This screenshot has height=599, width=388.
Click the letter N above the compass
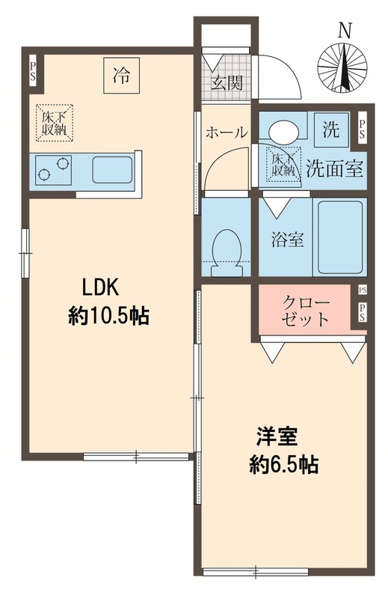click(344, 30)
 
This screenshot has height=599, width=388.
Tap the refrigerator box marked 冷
click(120, 75)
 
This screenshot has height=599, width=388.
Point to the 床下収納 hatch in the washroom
click(281, 163)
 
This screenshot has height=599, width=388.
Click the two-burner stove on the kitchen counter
click(52, 170)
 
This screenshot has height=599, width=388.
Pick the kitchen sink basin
click(112, 170)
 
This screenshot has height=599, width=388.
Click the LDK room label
click(101, 288)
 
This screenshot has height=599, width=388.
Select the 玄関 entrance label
click(225, 83)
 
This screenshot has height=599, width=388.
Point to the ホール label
click(226, 133)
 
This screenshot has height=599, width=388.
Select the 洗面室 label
click(334, 168)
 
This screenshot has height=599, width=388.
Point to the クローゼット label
click(305, 310)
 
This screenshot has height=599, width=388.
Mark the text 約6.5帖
click(284, 465)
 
